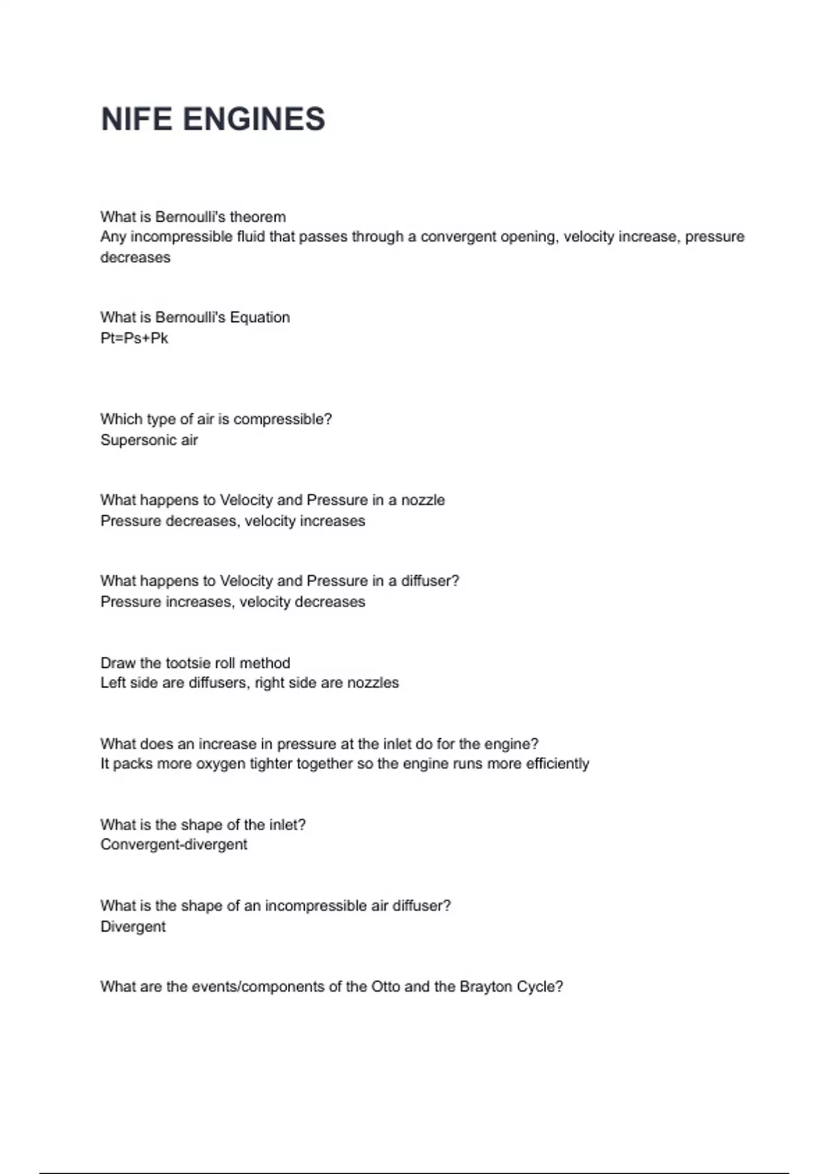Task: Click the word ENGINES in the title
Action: [254, 119]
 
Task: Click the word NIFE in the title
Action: [136, 119]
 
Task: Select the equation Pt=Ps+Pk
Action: [134, 338]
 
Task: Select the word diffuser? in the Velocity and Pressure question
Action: [430, 581]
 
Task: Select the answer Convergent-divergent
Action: [173, 845]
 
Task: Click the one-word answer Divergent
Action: [133, 927]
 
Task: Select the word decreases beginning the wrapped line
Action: [135, 258]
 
